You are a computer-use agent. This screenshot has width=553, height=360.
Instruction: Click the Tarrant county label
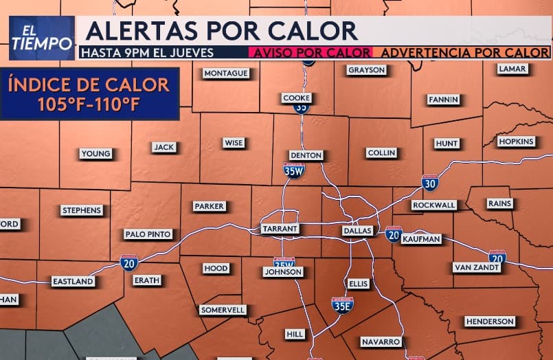(x=279, y=228)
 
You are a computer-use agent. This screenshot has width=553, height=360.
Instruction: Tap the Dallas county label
(x=357, y=231)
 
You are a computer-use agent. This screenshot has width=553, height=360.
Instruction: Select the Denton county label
(x=306, y=155)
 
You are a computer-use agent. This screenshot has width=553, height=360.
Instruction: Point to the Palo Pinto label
(x=148, y=234)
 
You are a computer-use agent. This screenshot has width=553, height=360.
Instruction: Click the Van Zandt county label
(x=477, y=267)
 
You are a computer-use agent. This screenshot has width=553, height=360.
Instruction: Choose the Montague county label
(x=225, y=74)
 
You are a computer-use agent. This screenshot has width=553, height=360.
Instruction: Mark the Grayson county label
(x=367, y=70)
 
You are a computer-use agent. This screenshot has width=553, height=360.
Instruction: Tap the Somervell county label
(x=223, y=310)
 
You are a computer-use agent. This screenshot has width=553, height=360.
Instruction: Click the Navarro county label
(x=380, y=341)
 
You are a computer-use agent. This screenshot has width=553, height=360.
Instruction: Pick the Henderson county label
(x=489, y=321)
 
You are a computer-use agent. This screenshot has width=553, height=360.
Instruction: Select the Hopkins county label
(x=516, y=142)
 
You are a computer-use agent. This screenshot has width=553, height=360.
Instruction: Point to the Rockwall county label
(x=434, y=205)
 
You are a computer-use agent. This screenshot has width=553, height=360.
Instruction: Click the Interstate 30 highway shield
(x=430, y=182)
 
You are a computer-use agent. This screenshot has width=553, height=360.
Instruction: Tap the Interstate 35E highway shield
(x=342, y=306)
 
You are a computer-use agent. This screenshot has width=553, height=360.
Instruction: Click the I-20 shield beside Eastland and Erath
(x=128, y=262)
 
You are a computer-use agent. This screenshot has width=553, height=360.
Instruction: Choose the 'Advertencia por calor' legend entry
(x=464, y=52)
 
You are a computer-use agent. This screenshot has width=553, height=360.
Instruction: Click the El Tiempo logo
(x=42, y=38)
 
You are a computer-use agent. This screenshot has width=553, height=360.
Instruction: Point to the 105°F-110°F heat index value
(x=89, y=105)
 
